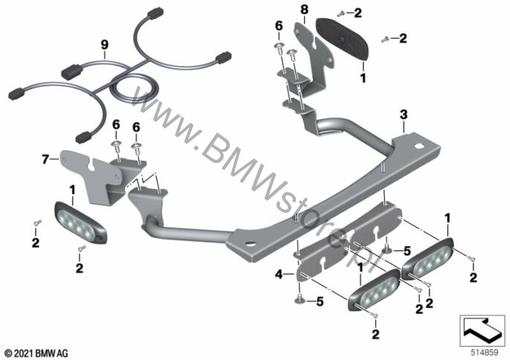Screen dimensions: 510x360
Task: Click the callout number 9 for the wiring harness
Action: pyautogui.click(x=104, y=45)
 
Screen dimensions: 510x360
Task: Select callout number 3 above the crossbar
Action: pyautogui.click(x=403, y=115)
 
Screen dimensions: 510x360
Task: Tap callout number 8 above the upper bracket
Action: pyautogui.click(x=305, y=10)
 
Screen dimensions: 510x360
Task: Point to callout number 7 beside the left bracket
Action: pyautogui.click(x=46, y=159)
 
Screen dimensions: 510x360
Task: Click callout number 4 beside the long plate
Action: pyautogui.click(x=279, y=274)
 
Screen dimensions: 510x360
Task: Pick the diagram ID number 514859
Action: pyautogui.click(x=485, y=353)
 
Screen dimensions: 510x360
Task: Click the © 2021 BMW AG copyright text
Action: pyautogui.click(x=36, y=353)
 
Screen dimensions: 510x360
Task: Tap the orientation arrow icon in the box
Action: pyautogui.click(x=482, y=330)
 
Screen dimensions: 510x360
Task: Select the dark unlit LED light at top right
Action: pyautogui.click(x=343, y=39)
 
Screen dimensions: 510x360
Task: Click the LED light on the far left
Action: pyautogui.click(x=80, y=222)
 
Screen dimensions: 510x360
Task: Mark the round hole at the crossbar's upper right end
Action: pyautogui.click(x=420, y=146)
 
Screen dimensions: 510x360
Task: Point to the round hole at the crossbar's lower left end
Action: pyautogui.click(x=250, y=242)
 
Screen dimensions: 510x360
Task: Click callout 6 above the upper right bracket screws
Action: pyautogui.click(x=279, y=26)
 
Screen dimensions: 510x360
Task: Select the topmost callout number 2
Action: pyautogui.click(x=358, y=13)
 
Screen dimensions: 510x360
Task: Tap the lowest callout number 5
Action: pyautogui.click(x=320, y=302)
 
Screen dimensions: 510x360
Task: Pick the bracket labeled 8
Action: pyautogui.click(x=312, y=57)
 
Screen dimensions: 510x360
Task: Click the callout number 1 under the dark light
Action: pyautogui.click(x=363, y=78)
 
